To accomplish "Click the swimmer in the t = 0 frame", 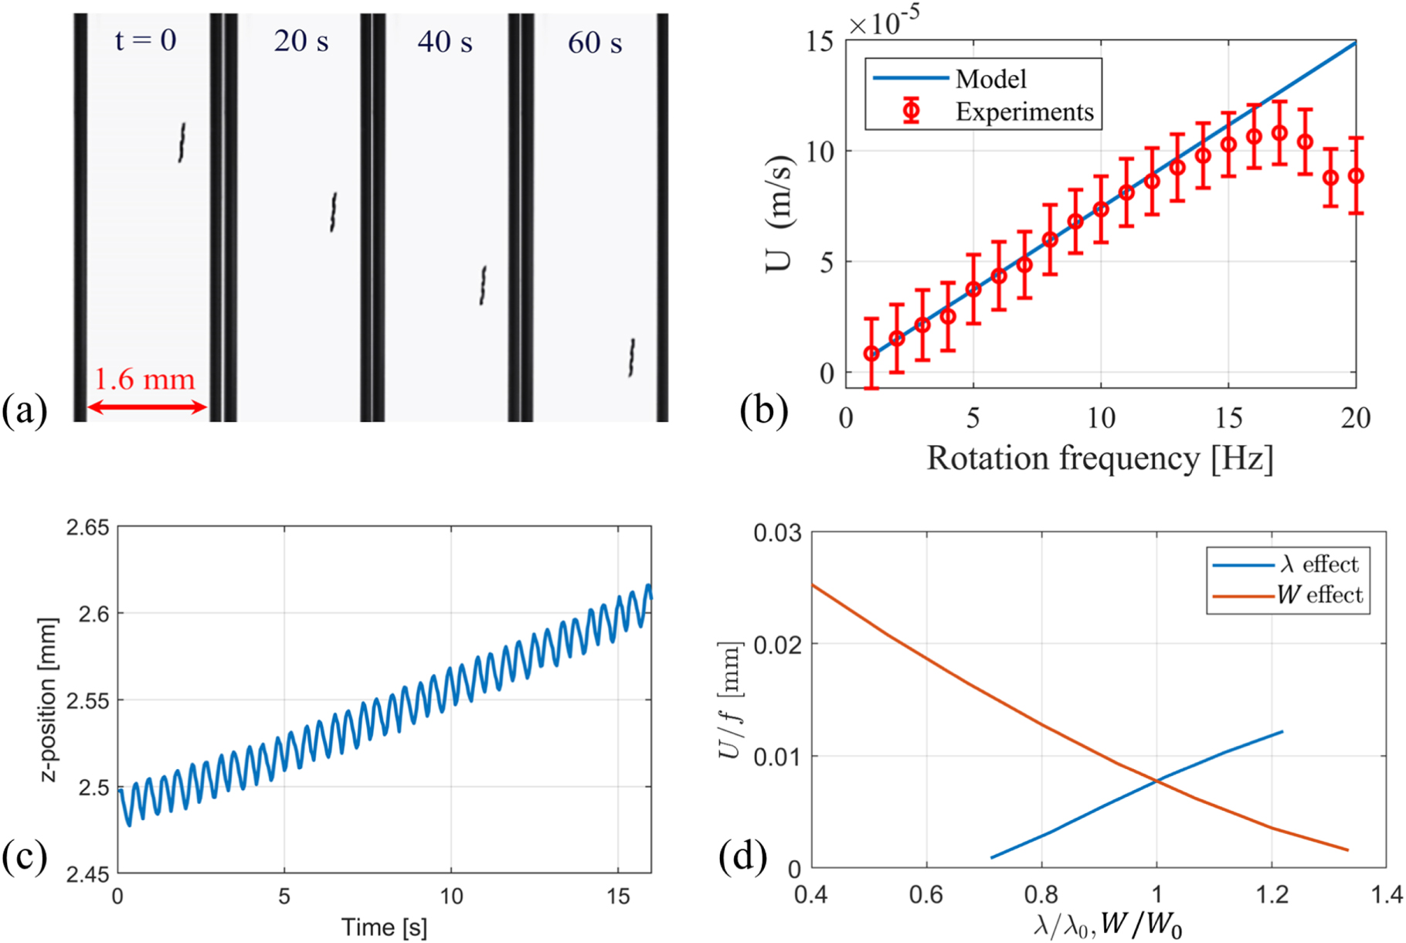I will [x=182, y=142].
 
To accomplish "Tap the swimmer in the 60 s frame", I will [x=632, y=357].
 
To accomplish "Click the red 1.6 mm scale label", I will [x=144, y=380].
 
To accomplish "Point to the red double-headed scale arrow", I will [x=147, y=407].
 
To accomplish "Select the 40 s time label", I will [x=445, y=42].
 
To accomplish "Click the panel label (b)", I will [x=763, y=410].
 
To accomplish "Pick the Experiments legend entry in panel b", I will [x=1024, y=112].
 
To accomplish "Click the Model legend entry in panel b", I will [x=990, y=79].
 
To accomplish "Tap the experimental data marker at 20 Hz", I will [x=1356, y=176].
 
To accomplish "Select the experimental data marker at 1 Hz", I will [x=871, y=353].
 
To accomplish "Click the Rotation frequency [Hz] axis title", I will [x=1099, y=458].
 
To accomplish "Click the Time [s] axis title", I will [x=384, y=926].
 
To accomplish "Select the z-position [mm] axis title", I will [x=49, y=700].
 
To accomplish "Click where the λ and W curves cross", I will [x=1156, y=781].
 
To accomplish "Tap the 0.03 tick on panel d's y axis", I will [x=777, y=533].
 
